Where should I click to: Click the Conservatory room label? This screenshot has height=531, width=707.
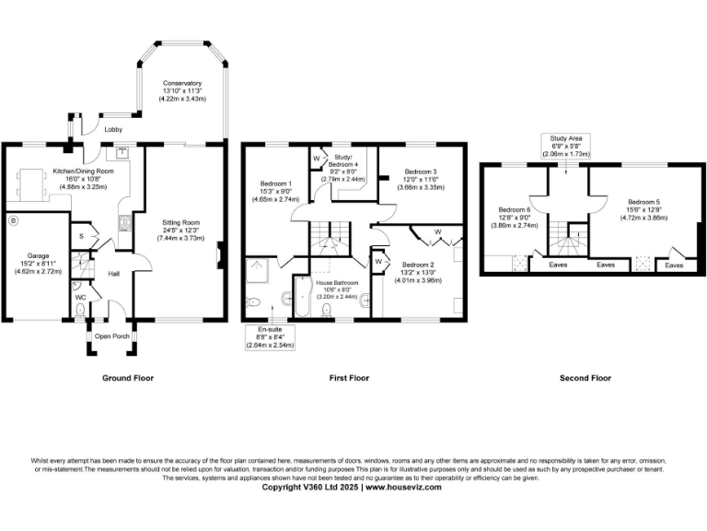(181, 84)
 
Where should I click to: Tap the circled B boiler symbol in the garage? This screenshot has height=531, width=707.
(13, 221)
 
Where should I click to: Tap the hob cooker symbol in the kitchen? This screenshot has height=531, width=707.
(123, 220)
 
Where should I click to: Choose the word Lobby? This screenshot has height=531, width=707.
(114, 129)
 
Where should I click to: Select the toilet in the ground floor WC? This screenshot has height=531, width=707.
(80, 311)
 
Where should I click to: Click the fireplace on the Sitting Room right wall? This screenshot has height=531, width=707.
(219, 254)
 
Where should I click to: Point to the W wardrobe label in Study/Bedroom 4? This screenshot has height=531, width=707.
(316, 158)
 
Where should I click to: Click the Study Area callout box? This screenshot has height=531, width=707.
(565, 146)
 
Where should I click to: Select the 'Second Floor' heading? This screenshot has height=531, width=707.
(585, 378)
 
